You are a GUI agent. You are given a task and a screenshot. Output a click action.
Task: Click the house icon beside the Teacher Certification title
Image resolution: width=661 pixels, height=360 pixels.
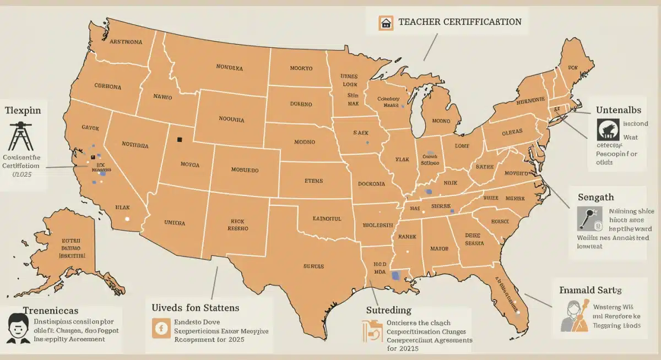pos(386,23)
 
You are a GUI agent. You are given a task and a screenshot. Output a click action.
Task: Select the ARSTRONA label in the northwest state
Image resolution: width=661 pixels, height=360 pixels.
pos(126,42)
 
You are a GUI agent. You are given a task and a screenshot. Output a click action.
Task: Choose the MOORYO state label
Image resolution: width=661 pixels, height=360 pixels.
pos(301,68)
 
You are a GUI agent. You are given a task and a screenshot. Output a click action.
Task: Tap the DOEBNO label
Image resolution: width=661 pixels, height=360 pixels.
pos(301,104)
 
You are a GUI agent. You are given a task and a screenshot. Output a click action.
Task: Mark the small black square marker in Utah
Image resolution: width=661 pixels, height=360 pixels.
pos(179,140)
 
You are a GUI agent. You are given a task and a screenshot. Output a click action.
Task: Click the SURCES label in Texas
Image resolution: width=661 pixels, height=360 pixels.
pos(314,266)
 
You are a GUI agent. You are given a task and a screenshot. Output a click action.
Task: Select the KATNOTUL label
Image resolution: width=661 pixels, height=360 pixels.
pos(327,219)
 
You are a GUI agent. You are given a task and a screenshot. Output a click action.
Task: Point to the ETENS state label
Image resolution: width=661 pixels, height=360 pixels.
pos(314,180)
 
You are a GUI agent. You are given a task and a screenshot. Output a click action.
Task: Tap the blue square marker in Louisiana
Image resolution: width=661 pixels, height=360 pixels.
pos(394,276)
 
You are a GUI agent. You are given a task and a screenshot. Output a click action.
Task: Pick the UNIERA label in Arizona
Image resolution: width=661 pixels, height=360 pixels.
pos(175,223)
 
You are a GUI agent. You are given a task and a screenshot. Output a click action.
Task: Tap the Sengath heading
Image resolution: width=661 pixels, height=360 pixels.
pos(595,197)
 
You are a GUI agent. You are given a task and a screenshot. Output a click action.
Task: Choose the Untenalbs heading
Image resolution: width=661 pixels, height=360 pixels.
pos(618,110)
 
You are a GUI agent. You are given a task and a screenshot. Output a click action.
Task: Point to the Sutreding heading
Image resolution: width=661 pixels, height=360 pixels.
pos(389,310)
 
